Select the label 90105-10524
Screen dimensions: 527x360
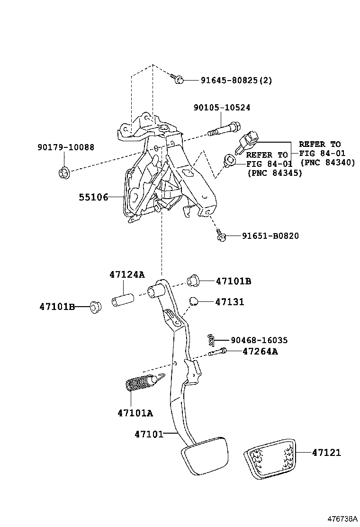222,108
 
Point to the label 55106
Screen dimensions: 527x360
93,197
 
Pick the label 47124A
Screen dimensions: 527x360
126,275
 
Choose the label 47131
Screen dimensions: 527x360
230,302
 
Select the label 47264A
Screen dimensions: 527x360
260,352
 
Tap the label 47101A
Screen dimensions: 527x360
135,413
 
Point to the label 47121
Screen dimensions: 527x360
326,453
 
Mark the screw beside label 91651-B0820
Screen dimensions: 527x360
220,235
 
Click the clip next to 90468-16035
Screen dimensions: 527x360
212,339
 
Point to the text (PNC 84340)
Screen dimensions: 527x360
327,163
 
